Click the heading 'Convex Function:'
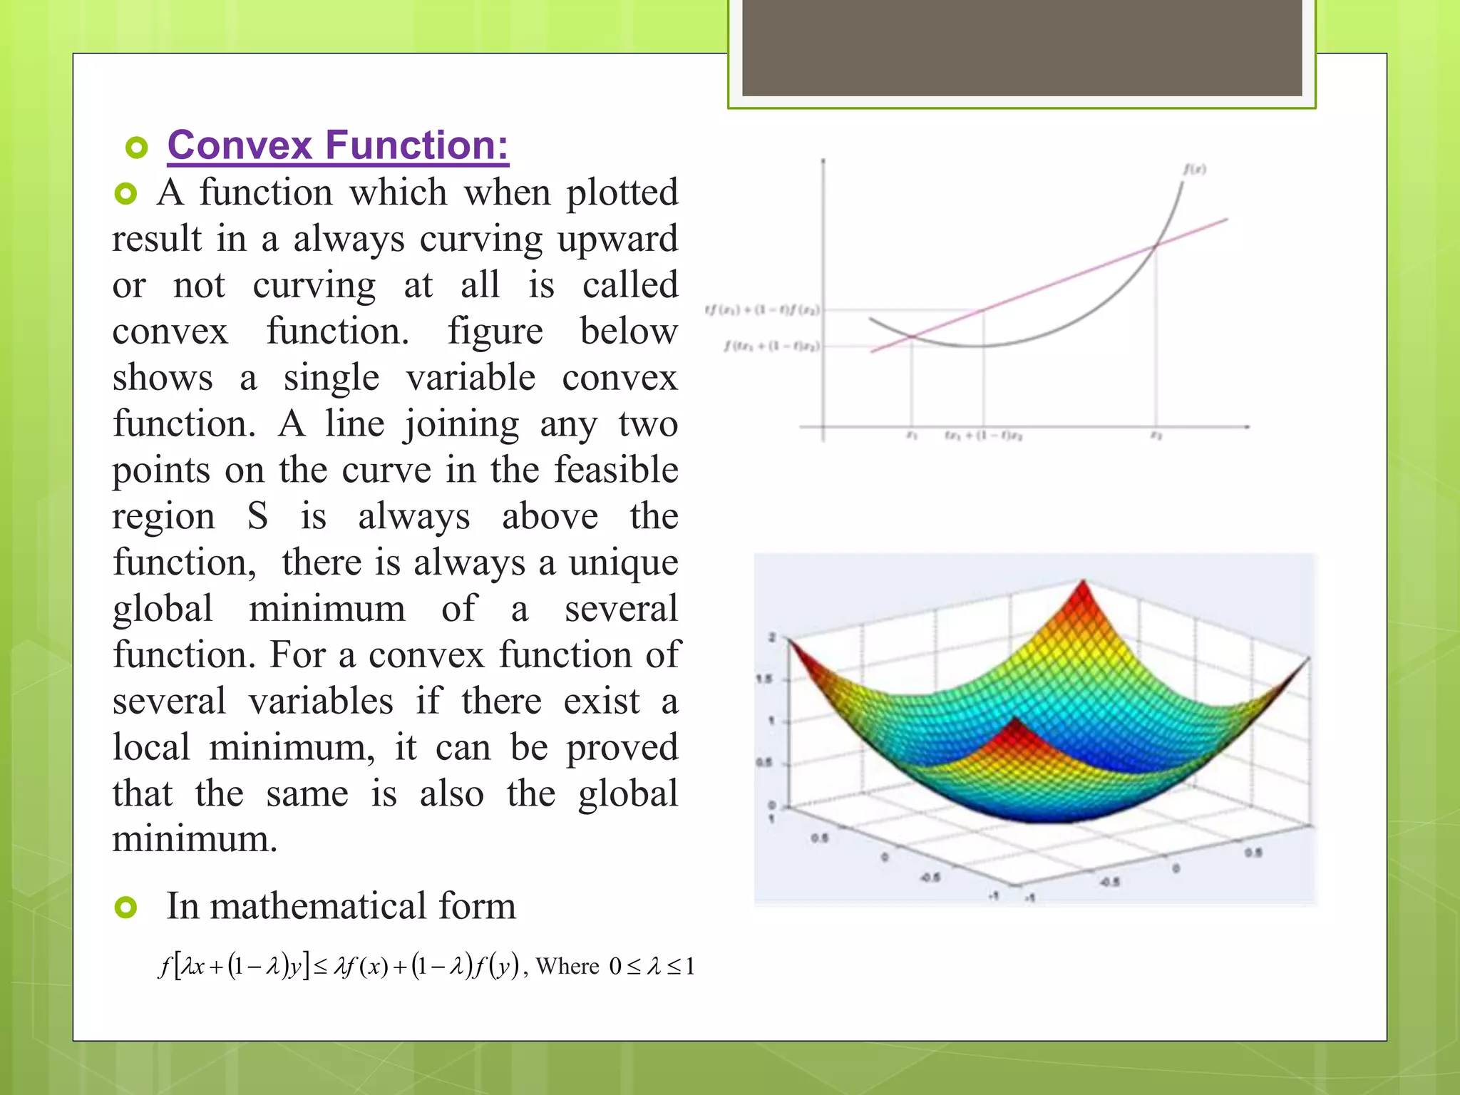point(338,145)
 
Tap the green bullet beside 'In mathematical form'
point(126,908)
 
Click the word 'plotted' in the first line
point(622,193)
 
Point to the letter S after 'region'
point(257,516)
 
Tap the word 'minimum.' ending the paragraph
point(195,840)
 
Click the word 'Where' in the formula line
point(567,967)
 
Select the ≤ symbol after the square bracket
point(320,967)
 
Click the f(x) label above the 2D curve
point(1195,170)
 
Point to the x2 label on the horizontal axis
point(1156,435)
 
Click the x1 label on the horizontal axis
point(911,435)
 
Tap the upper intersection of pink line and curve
point(1156,246)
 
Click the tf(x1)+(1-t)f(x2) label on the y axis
point(762,309)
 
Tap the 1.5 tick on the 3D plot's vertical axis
point(764,679)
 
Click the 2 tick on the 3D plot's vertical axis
point(771,637)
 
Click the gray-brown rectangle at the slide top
point(1022,48)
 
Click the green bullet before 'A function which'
point(125,194)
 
